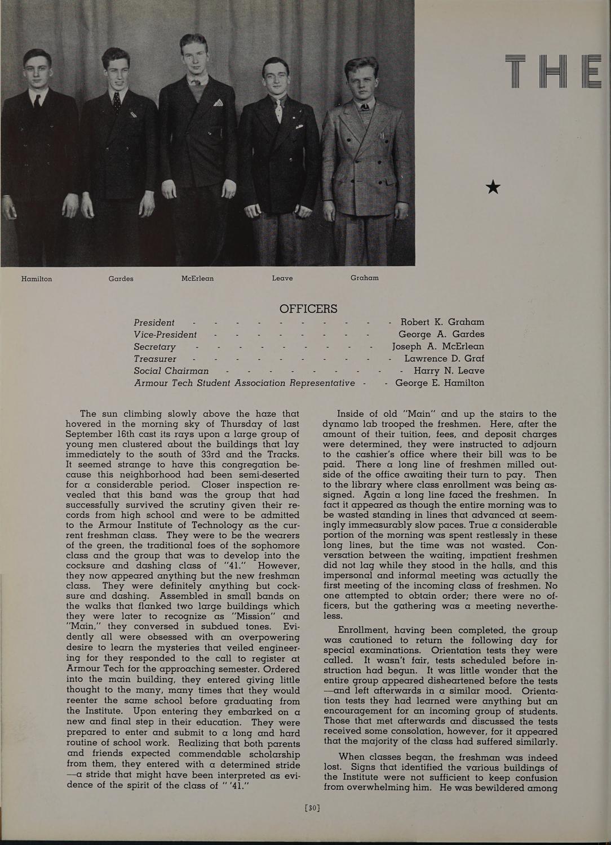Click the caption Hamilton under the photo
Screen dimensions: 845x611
(37, 279)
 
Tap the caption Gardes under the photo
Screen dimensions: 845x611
(121, 278)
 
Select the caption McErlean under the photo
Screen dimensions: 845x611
(197, 278)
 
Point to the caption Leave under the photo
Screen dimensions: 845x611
(282, 278)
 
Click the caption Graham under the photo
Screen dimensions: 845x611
(364, 278)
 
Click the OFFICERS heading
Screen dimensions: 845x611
(308, 309)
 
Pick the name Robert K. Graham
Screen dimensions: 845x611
(442, 322)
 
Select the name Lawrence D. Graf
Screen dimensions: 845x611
(444, 358)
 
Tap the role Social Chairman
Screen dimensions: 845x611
(171, 371)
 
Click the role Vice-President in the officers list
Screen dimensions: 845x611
(165, 335)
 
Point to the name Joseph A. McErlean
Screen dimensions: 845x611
(438, 346)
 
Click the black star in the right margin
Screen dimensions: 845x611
(493, 186)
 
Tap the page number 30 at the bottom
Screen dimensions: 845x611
(312, 808)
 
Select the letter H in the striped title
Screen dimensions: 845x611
(555, 73)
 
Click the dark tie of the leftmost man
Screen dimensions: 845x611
(37, 101)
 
